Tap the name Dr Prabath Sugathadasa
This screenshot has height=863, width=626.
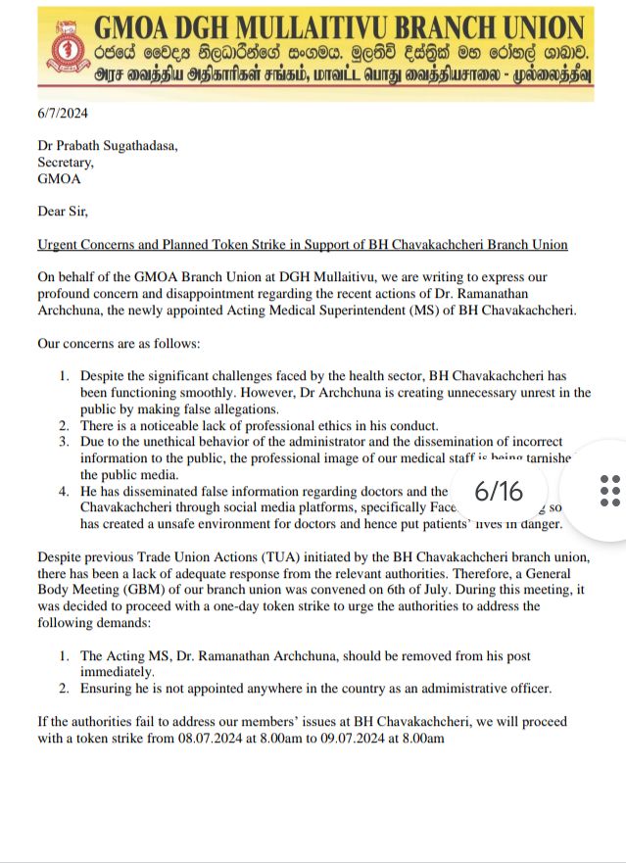[108, 147]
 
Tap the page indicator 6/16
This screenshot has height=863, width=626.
[499, 490]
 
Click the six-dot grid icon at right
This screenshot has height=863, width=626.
[608, 489]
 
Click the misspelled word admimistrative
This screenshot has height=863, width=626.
[431, 689]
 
